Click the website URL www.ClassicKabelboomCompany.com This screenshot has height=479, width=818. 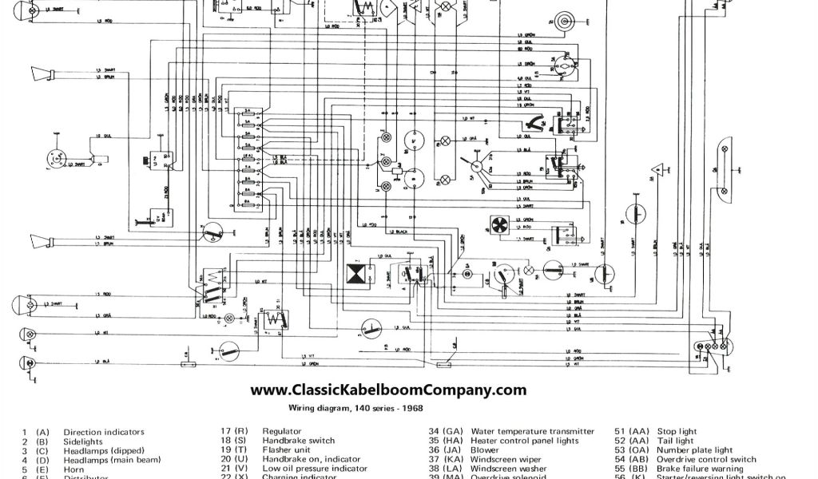tap(388, 390)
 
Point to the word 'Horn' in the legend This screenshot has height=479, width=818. tap(74, 469)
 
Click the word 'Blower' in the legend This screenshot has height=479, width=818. tap(485, 449)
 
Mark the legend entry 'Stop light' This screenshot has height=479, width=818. tap(679, 431)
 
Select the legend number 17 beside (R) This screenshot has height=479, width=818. tap(226, 431)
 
